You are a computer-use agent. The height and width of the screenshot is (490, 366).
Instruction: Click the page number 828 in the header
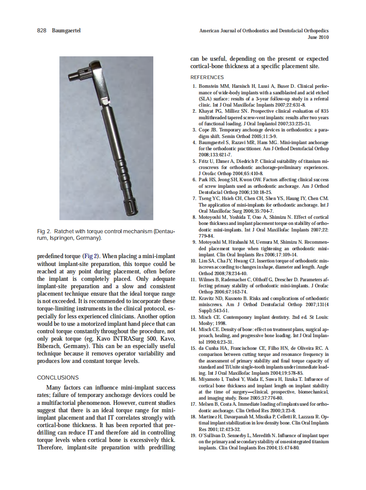coord(41,31)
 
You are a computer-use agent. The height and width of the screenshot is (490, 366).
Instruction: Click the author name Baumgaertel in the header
coord(66,31)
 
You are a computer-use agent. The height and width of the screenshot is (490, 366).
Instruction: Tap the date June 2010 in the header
coord(318,38)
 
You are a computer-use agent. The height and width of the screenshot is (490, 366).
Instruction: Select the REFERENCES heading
coord(207,77)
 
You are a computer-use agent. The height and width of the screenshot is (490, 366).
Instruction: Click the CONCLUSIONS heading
coord(58,377)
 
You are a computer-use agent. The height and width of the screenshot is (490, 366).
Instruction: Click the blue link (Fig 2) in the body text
coord(90,256)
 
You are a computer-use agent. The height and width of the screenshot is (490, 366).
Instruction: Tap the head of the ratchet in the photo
coord(83,72)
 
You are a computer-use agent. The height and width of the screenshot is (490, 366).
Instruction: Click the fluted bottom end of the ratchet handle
coord(133,205)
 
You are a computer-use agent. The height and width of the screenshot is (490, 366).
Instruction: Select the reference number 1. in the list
coord(195,86)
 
